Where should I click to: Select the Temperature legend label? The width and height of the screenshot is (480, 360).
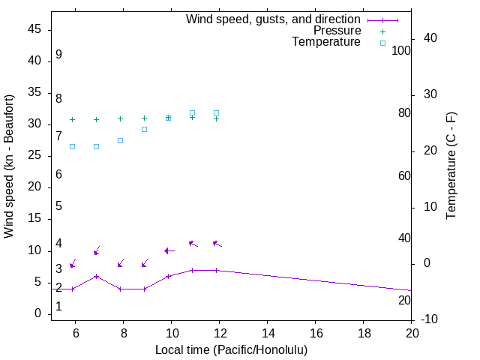click(x=326, y=42)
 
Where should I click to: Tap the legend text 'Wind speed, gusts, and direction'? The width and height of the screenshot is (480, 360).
click(x=274, y=19)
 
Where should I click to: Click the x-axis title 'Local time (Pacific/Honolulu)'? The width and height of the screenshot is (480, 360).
click(x=231, y=350)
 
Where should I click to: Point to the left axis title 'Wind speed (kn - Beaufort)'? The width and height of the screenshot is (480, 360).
click(x=9, y=166)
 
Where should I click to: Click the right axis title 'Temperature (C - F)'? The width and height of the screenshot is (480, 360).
click(x=451, y=166)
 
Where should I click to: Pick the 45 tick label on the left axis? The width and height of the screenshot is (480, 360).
click(x=34, y=29)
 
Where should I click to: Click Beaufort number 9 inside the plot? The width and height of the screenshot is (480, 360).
click(x=58, y=55)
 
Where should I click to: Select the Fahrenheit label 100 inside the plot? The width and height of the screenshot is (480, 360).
click(x=401, y=50)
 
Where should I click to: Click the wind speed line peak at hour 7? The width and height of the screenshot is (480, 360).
click(x=96, y=276)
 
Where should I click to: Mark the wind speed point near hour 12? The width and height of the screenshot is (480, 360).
click(x=217, y=270)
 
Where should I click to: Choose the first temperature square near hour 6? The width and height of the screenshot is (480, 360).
click(x=72, y=146)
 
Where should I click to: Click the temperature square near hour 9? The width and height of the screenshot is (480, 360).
click(x=144, y=129)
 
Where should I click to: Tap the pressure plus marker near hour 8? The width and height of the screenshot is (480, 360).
click(x=120, y=118)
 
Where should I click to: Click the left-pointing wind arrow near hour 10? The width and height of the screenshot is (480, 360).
click(x=169, y=250)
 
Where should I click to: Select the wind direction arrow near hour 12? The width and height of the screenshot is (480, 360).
click(x=217, y=244)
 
